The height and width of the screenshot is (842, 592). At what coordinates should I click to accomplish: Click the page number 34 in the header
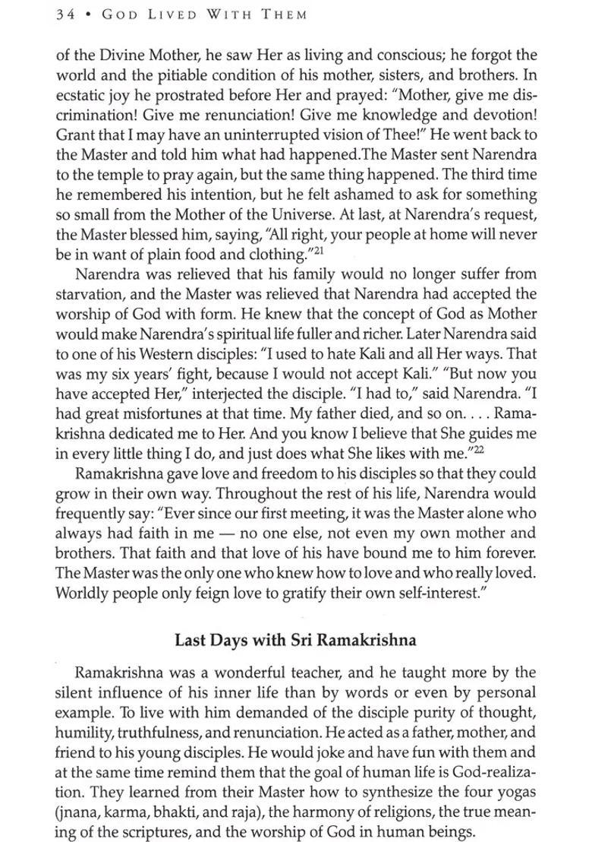pyautogui.click(x=64, y=15)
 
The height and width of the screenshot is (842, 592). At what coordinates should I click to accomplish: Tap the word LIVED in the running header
pyautogui.click(x=162, y=15)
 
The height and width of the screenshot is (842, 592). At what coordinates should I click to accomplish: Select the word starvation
pyautogui.click(x=89, y=294)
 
